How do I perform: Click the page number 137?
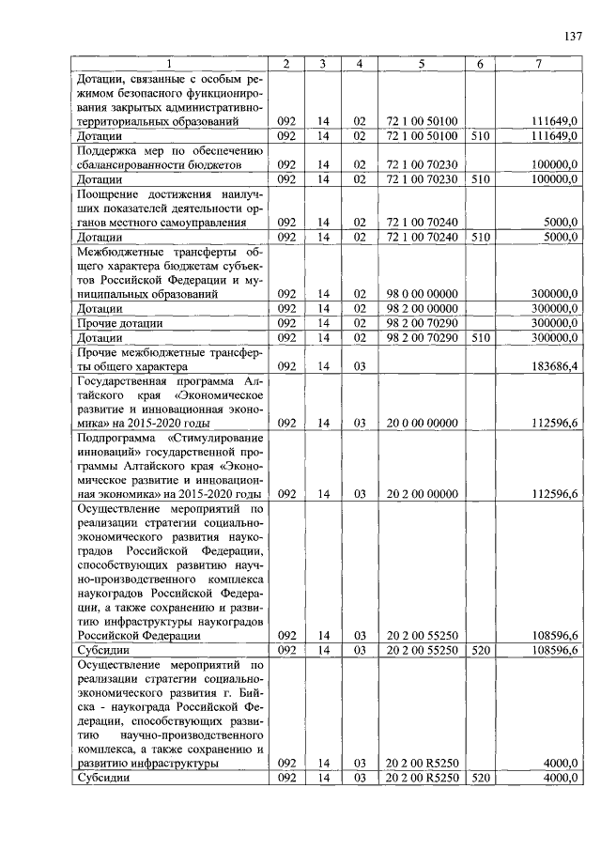(574, 38)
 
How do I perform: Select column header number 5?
(422, 64)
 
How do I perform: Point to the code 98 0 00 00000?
(422, 294)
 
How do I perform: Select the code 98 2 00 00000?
(422, 308)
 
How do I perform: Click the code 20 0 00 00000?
(422, 424)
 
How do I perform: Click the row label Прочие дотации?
(117, 322)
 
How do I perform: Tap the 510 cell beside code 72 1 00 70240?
(480, 237)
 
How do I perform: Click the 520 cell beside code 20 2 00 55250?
(480, 650)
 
